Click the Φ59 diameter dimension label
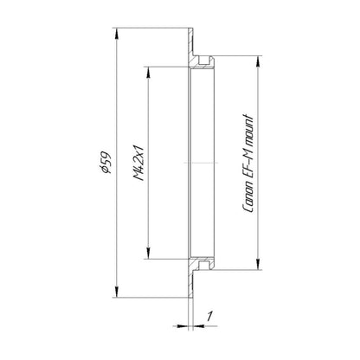click(104, 163)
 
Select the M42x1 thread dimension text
click(139, 163)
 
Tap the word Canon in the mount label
click(248, 198)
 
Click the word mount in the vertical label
click(248, 129)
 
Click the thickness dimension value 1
click(209, 316)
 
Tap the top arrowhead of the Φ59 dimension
click(116, 33)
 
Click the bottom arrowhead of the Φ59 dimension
click(116, 292)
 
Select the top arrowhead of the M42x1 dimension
click(148, 72)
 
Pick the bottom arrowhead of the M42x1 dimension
click(148, 253)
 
